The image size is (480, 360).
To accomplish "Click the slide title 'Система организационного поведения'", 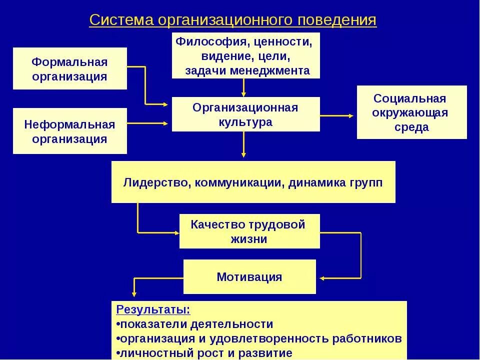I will point(232,20).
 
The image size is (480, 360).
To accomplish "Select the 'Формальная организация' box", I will point(69,68).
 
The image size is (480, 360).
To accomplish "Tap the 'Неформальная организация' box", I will point(69,131).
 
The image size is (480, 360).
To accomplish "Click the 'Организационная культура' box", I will point(245,114).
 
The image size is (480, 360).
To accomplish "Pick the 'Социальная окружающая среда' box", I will point(411,112).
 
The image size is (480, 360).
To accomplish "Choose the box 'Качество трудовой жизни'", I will point(249,231).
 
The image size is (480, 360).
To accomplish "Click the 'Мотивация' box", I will point(249,276).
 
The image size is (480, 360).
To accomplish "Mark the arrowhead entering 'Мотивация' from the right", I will point(322,277).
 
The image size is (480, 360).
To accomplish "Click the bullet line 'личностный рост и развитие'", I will point(205,353).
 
